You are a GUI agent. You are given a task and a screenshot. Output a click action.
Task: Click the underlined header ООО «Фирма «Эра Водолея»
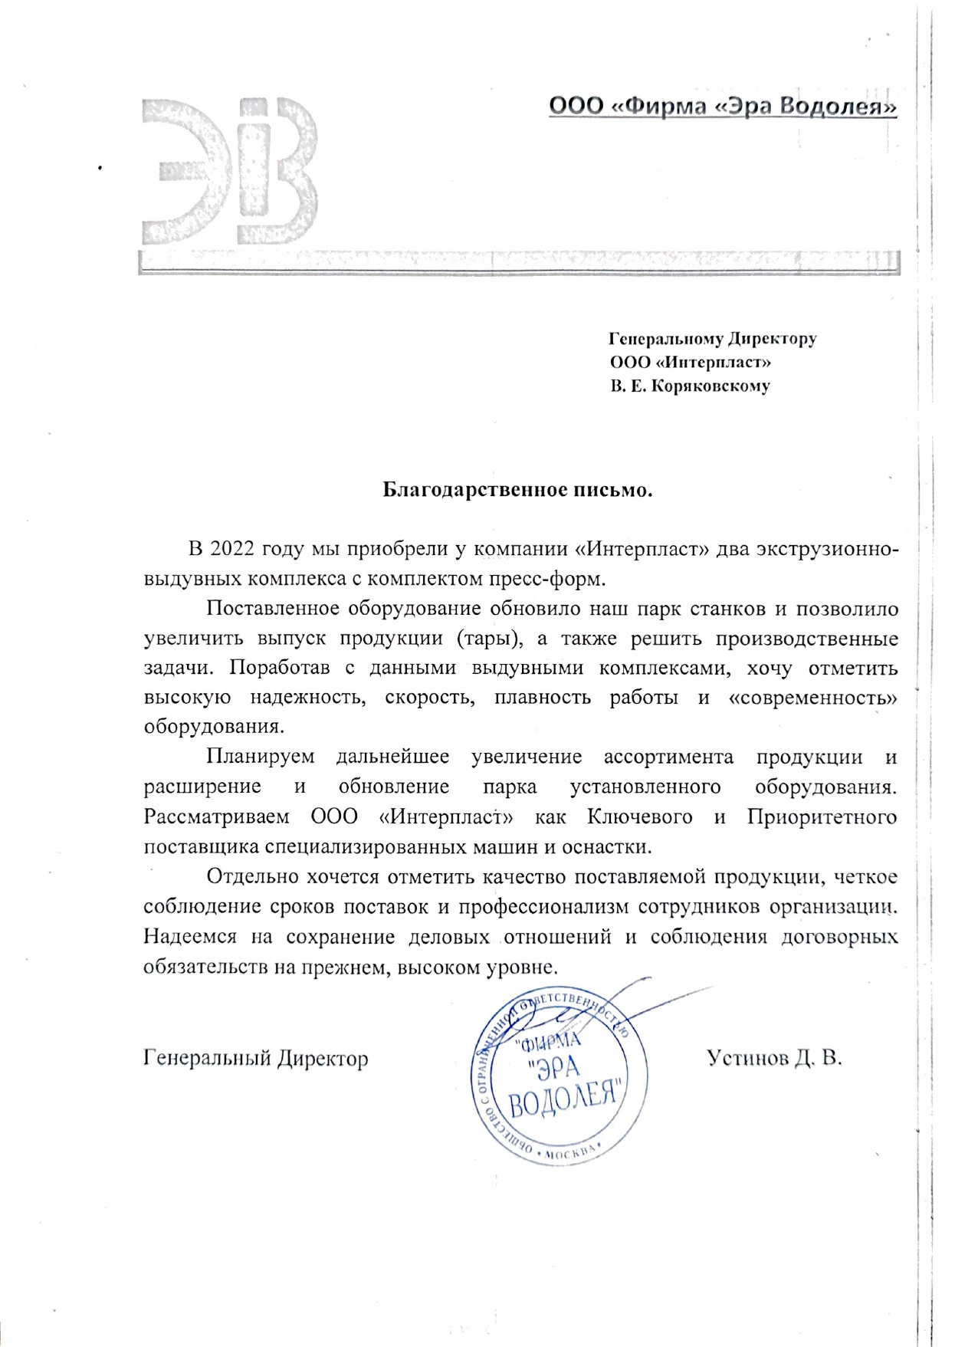click(722, 106)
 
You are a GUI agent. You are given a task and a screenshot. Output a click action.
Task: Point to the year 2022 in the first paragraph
click(232, 549)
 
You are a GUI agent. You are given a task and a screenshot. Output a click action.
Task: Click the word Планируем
click(261, 757)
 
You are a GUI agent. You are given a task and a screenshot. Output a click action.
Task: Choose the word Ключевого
click(640, 816)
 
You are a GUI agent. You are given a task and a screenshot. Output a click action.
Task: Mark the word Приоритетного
click(822, 816)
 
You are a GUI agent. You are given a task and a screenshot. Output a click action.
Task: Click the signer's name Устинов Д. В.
click(774, 1058)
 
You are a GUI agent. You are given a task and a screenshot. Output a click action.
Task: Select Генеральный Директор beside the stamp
click(256, 1058)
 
